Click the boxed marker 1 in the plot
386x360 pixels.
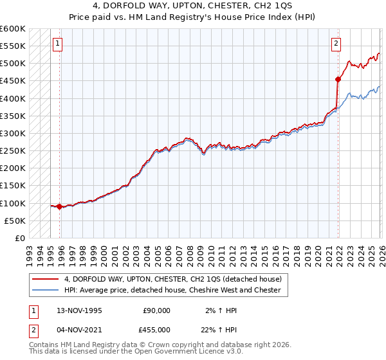pos(57,44)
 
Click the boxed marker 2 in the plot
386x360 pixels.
pos(336,44)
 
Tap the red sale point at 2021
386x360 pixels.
pos(338,80)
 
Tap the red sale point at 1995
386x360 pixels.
pos(60,206)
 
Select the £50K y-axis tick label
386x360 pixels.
pos(15,221)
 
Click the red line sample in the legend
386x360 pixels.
pos(46,280)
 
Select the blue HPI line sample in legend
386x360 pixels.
pos(46,290)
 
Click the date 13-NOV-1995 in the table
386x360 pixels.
pos(80,310)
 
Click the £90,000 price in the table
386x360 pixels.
pos(156,310)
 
